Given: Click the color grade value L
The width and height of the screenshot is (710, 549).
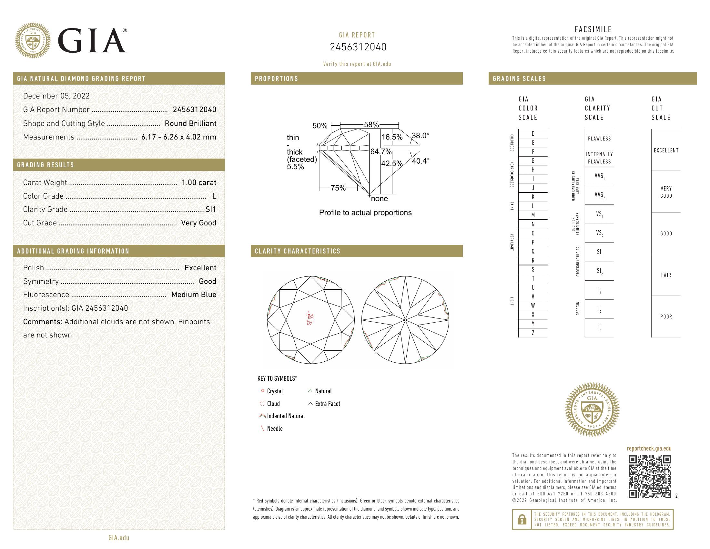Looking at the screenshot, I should [x=214, y=196].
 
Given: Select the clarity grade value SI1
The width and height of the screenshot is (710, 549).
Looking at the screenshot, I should [x=211, y=210].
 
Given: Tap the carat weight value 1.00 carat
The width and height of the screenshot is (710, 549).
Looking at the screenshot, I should [x=198, y=182].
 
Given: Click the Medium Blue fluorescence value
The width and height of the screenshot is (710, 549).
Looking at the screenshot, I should [x=193, y=295].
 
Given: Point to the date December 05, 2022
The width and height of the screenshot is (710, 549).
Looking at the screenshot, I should [x=56, y=96].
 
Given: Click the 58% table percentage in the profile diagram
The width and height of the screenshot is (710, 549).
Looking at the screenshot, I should [x=371, y=125].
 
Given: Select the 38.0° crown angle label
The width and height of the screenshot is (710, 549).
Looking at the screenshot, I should [x=420, y=136].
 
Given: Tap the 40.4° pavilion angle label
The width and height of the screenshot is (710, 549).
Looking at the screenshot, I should [x=421, y=161].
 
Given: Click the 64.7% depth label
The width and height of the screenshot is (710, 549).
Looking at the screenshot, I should [x=381, y=151].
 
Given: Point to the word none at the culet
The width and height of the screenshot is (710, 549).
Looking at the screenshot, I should [x=380, y=199].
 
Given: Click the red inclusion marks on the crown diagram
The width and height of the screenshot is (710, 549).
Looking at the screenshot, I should [x=309, y=319].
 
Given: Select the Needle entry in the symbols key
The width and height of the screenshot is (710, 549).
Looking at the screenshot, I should [x=275, y=429].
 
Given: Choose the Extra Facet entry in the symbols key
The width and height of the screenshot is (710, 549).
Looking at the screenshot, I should [x=327, y=404].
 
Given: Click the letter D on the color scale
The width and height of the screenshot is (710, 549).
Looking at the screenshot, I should [x=533, y=134].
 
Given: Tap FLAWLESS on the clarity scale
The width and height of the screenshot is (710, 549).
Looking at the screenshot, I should [x=599, y=139].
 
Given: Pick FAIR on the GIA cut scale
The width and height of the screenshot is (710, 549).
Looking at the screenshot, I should [x=666, y=275].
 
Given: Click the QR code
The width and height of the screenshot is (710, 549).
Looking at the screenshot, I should [x=650, y=477].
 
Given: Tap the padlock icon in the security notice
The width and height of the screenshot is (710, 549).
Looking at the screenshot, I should [x=522, y=519].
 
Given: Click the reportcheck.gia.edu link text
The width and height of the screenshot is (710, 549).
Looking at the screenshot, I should [x=649, y=449].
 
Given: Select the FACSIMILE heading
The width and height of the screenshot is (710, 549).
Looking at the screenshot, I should [x=593, y=30].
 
